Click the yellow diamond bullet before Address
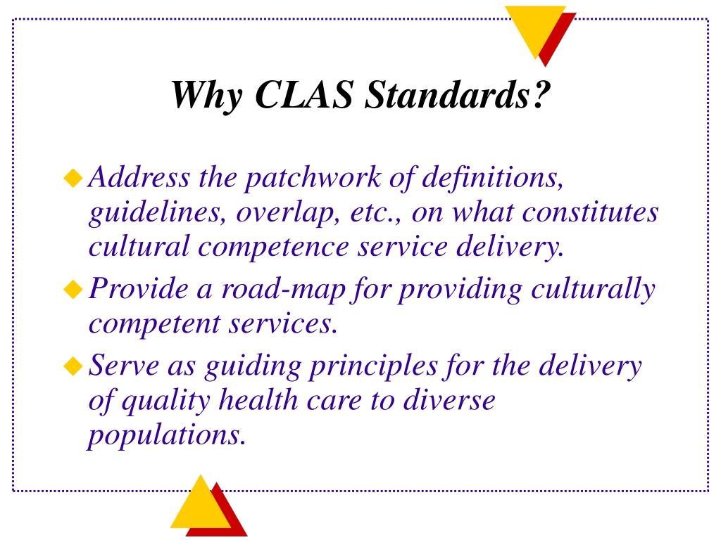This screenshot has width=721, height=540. pos(73,178)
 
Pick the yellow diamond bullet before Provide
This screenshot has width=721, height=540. pos(73,289)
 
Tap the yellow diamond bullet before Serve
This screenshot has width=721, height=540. pos(73,366)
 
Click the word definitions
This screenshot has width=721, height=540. pos(492,178)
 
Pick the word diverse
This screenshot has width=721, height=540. pos(449,400)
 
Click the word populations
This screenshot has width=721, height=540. pos(167,436)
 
